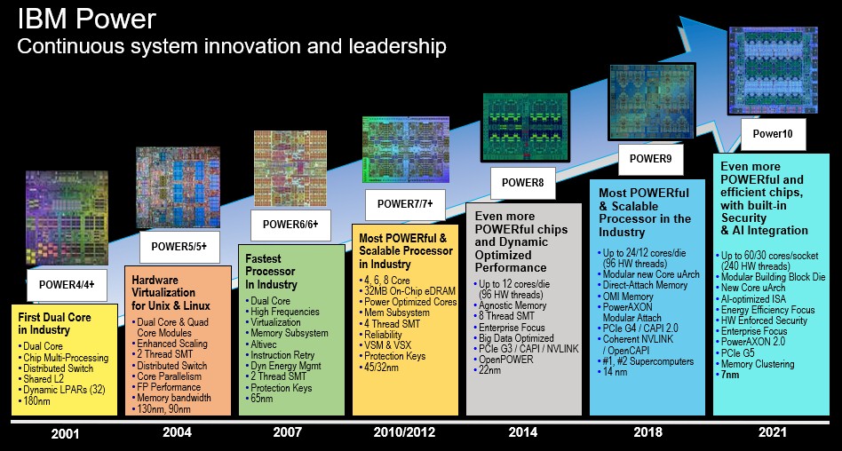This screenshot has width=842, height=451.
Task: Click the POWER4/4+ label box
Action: pos(68,285)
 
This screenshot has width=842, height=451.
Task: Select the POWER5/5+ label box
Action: pos(179,247)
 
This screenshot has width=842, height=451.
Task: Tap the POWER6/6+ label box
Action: pos(290,225)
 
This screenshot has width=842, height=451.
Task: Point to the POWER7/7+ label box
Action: pos(405,204)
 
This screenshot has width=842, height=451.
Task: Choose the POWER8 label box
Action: pos(522,183)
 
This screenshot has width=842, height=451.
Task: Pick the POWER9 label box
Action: pos(650,159)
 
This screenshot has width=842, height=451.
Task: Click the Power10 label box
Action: pos(773,135)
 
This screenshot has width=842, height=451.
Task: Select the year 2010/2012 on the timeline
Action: pos(404,432)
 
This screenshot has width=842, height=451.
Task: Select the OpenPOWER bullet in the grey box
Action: pos(504,360)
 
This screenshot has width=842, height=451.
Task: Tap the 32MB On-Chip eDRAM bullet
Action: pos(407,291)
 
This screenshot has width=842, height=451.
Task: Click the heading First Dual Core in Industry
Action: pos(55,323)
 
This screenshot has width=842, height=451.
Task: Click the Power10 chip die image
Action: pos(773,70)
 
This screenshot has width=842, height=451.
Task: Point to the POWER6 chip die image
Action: pos(290,168)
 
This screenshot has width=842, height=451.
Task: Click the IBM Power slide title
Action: pos(86,20)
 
